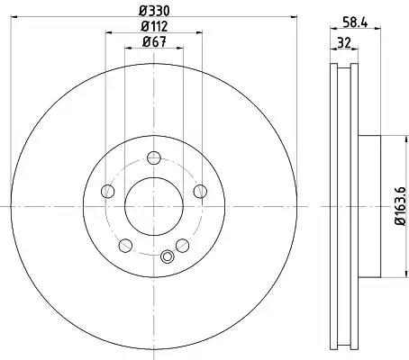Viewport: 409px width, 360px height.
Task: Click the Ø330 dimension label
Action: pos(154,11)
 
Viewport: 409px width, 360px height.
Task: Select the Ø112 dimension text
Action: pos(154,27)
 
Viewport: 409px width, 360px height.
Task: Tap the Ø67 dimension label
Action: pos(154,42)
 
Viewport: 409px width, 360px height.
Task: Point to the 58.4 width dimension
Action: pos(356,22)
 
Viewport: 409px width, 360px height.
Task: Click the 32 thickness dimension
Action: pos(344,43)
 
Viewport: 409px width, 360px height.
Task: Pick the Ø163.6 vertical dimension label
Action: pos(400,205)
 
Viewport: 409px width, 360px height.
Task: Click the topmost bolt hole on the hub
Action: pos(154,157)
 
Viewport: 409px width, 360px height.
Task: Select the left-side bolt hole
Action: pos(108,191)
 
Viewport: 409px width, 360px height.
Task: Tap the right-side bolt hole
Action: pos(200,191)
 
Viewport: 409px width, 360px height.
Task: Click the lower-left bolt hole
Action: pos(125,246)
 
